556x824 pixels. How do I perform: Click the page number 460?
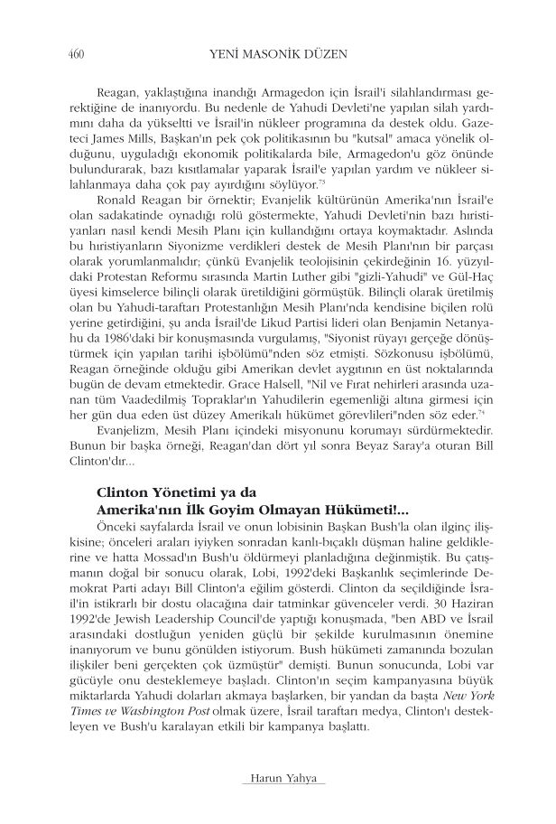pyautogui.click(x=76, y=53)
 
